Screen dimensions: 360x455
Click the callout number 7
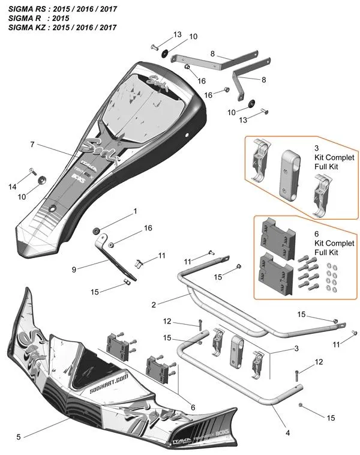point(32,145)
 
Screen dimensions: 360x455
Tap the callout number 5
point(19,436)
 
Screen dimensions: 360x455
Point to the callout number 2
point(154,305)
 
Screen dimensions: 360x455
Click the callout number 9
point(74,270)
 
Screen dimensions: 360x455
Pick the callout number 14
point(13,187)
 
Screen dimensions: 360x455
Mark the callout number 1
point(135,211)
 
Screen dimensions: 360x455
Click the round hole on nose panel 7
point(53,208)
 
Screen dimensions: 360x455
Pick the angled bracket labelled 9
point(114,259)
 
